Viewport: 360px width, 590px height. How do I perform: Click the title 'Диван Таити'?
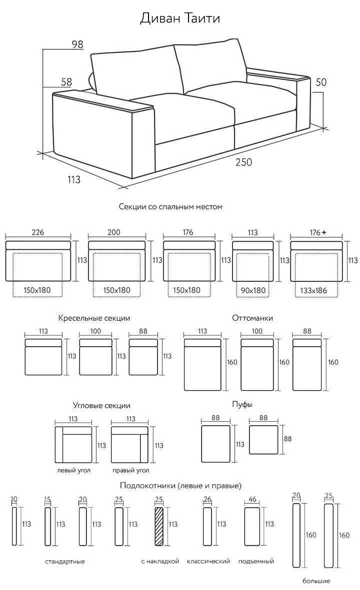(x=179, y=18)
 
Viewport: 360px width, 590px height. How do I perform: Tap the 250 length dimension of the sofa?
(x=244, y=162)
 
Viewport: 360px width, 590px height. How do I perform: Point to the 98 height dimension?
(x=77, y=44)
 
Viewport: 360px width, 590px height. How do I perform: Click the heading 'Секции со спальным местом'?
(x=170, y=206)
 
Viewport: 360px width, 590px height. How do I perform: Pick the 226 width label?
(x=38, y=232)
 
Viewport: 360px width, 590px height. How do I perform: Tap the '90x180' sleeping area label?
(x=253, y=290)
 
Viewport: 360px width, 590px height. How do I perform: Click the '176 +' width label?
(x=317, y=232)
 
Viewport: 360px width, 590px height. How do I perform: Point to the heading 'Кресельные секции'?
(x=94, y=318)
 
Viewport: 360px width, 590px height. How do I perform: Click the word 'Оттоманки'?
(x=252, y=318)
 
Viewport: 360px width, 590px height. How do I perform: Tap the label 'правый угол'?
(x=130, y=470)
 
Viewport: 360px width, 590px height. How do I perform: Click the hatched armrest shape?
(x=159, y=527)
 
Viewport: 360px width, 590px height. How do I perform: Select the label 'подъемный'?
(x=256, y=562)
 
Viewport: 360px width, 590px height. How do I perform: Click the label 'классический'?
(x=208, y=562)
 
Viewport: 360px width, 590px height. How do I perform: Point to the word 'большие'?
(x=316, y=581)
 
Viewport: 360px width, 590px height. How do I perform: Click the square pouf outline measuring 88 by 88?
(x=263, y=440)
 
